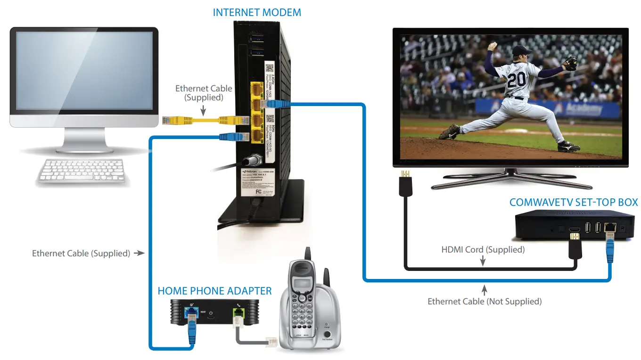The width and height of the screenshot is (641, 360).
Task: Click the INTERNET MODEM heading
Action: [x=256, y=12]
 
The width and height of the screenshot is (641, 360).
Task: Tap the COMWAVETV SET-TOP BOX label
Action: [x=574, y=203]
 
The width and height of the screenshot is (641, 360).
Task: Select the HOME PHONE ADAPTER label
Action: [x=214, y=291]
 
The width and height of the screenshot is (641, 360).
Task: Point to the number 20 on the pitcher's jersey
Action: [x=516, y=79]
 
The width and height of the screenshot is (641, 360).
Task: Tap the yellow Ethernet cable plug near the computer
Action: [x=170, y=120]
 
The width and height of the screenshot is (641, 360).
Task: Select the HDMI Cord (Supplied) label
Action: [x=483, y=249]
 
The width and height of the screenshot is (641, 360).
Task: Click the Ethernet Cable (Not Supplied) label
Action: [x=485, y=301]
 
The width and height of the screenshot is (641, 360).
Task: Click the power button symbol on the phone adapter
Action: [x=211, y=313]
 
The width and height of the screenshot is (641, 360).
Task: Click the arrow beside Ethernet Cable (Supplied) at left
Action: [x=139, y=253]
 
